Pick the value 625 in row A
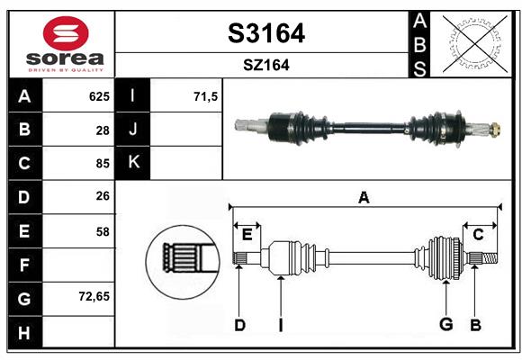(x=98, y=96)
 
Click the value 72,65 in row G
(x=94, y=295)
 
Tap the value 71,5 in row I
(x=206, y=96)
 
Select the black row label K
(x=134, y=163)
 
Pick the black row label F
(x=24, y=265)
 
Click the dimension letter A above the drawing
(x=364, y=197)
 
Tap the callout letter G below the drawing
(x=445, y=325)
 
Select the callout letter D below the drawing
(x=239, y=325)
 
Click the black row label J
(x=134, y=130)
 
